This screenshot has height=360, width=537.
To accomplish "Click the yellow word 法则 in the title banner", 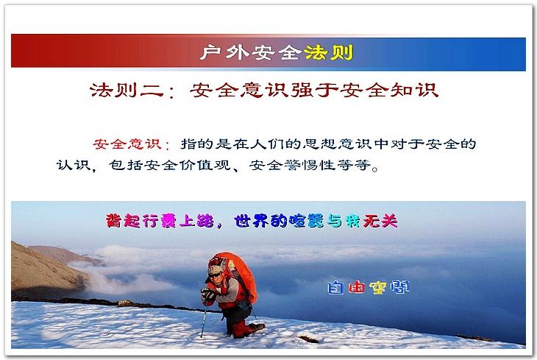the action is pyautogui.click(x=328, y=53).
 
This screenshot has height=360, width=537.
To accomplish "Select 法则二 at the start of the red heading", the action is pyautogui.click(x=127, y=90).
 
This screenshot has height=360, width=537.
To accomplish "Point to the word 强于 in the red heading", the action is pyautogui.click(x=315, y=90).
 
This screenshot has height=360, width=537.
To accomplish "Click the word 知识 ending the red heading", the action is pyautogui.click(x=415, y=90).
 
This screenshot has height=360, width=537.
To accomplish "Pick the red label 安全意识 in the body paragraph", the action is pyautogui.click(x=127, y=144).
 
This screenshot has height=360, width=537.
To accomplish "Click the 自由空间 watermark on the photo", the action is pyautogui.click(x=368, y=287).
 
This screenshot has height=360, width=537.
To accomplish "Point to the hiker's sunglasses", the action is pyautogui.click(x=215, y=275).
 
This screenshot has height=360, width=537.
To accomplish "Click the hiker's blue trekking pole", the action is pyautogui.click(x=204, y=320).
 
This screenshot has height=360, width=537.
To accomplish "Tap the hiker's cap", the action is pyautogui.click(x=215, y=267).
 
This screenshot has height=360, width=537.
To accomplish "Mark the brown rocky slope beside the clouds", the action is pyautogui.click(x=45, y=271).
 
